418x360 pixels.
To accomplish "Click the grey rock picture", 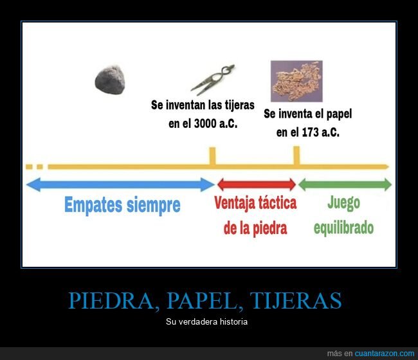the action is click(x=110, y=80).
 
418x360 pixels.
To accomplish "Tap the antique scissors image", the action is click(x=212, y=80).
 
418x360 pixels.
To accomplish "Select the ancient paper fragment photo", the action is click(x=296, y=81).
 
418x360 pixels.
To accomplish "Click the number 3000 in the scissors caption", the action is click(x=205, y=123).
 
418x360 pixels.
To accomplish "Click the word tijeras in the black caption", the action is click(x=239, y=105).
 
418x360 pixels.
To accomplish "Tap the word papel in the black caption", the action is click(x=339, y=114).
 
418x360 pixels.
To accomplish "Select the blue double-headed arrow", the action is click(x=120, y=184).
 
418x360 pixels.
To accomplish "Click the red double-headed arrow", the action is click(x=257, y=184).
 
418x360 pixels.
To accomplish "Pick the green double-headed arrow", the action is click(x=345, y=184).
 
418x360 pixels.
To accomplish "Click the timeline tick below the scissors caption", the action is click(x=212, y=156).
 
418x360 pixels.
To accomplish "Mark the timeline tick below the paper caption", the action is click(x=296, y=156).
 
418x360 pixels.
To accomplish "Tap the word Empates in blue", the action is click(x=93, y=205).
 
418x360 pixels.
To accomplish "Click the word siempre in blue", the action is click(x=154, y=205).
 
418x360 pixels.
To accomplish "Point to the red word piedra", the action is click(x=270, y=228).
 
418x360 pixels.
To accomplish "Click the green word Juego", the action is click(x=343, y=203).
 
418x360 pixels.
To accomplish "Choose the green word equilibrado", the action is click(x=343, y=228).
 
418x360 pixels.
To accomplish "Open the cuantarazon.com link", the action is click(x=385, y=354).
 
